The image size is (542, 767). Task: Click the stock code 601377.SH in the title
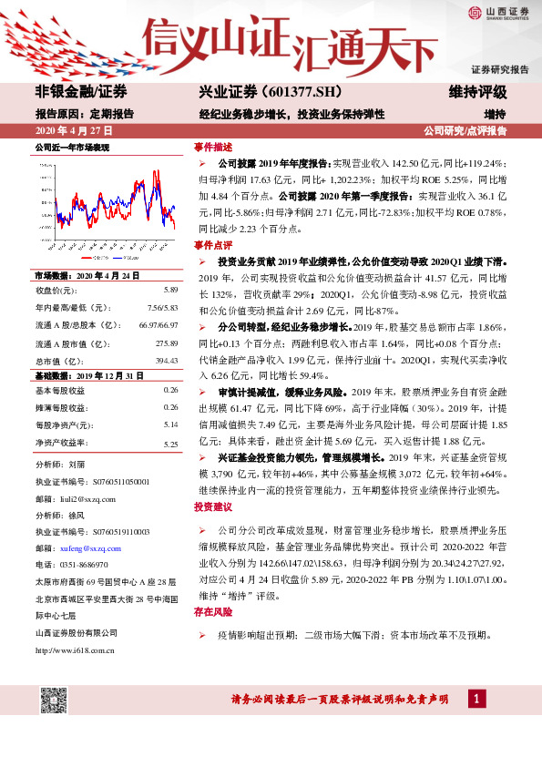coord(289,94)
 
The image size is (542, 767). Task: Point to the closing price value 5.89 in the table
coord(169,290)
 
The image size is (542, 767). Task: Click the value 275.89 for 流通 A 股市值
coord(166,343)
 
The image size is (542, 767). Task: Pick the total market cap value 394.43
coord(166,360)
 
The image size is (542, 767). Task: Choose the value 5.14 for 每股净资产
coord(170,425)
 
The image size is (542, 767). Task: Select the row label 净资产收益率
coord(65,444)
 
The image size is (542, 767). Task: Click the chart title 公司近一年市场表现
coord(72,147)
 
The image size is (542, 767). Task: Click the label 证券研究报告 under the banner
coord(499,70)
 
